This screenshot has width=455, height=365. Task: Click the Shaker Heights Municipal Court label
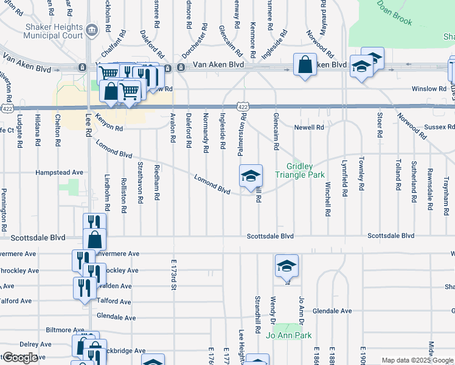(53, 31)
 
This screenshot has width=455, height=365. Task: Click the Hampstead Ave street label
(59, 173)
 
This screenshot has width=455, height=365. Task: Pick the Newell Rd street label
(309, 128)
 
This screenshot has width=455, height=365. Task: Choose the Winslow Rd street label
(429, 89)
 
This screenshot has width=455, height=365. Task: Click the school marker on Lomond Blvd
(251, 176)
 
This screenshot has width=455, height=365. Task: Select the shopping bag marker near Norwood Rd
(305, 65)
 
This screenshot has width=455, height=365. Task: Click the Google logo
(20, 358)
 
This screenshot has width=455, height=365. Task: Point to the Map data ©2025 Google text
(418, 360)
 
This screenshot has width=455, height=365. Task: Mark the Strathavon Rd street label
(140, 181)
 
